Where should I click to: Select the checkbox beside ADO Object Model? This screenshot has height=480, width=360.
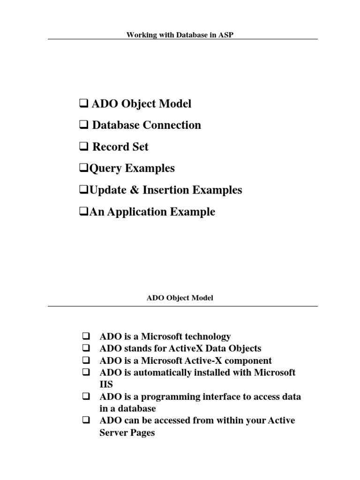pos(81,104)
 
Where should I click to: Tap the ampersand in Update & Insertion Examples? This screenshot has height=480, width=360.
pos(131,190)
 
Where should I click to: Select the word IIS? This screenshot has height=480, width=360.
pos(106,384)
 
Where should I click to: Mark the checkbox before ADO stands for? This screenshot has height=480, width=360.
pos(86,349)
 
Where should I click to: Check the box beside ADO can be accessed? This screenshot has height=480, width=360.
pos(86,420)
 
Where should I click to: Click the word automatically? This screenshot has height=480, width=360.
pos(162,373)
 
